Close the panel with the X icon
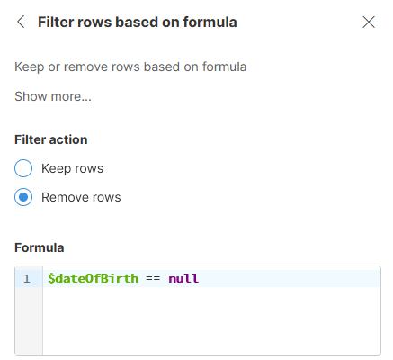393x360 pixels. [x=368, y=22]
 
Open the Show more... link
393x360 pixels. [x=53, y=96]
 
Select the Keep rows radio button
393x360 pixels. [x=24, y=168]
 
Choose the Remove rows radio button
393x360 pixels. [x=24, y=197]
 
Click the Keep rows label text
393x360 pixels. [x=72, y=168]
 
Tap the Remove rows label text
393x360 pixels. [x=81, y=197]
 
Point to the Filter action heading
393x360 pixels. [x=51, y=139]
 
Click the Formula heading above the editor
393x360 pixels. [x=40, y=247]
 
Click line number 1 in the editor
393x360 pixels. [x=27, y=279]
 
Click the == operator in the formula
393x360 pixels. [x=153, y=279]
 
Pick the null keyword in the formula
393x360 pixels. [x=183, y=279]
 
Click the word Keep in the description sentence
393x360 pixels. [x=29, y=66]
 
